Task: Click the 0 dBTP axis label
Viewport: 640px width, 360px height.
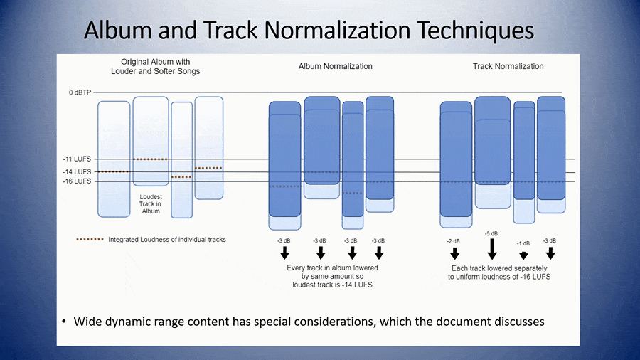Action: tap(80, 92)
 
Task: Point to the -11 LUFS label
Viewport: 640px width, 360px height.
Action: tap(77, 159)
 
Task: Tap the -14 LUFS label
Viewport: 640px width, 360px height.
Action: tap(77, 172)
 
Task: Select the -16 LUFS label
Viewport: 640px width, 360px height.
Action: tap(77, 181)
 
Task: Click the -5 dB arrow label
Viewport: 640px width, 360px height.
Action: tap(491, 234)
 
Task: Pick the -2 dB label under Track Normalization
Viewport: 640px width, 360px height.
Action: tap(454, 241)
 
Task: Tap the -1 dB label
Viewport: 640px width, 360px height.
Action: tap(523, 243)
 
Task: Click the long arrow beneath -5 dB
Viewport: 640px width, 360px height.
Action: tap(492, 249)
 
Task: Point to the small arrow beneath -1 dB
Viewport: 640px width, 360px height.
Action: tap(523, 256)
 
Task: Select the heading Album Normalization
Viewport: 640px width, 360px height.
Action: tap(336, 66)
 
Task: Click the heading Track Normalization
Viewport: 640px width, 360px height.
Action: tap(508, 66)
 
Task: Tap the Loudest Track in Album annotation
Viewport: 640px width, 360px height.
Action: tap(151, 204)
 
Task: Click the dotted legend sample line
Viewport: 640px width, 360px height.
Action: tap(90, 239)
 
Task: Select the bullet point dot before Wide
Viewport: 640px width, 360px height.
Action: tap(64, 322)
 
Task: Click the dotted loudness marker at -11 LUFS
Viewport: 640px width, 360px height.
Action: tap(150, 159)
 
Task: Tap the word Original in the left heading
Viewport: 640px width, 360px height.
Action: tap(134, 62)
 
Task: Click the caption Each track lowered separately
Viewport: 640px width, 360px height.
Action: tap(499, 268)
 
